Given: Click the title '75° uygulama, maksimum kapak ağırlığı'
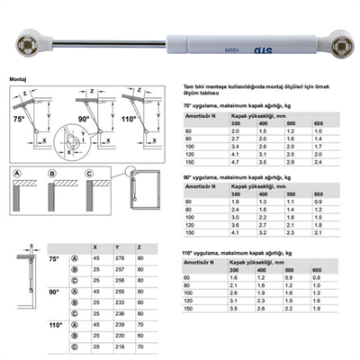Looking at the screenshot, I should tap(238, 105).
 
